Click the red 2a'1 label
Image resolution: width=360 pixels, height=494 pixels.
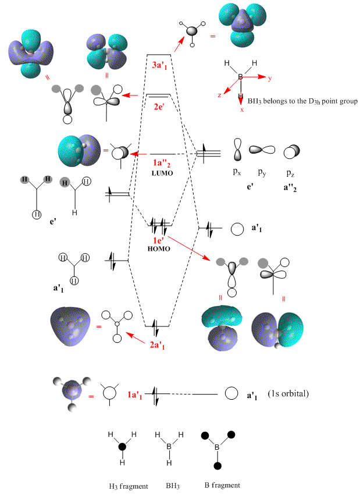159,344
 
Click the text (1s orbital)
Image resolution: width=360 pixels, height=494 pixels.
289,394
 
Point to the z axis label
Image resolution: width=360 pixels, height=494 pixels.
219,95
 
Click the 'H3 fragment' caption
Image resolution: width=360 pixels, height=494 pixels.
122,485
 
